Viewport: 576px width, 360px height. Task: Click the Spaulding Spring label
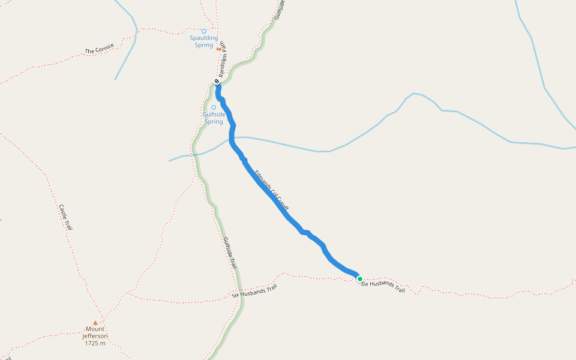pos(204,41)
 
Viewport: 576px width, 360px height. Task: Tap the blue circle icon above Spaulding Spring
pos(204,31)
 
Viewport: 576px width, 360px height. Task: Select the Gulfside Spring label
pos(214,118)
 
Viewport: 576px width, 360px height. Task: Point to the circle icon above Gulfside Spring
pos(214,107)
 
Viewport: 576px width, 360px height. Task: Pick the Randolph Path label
pos(222,59)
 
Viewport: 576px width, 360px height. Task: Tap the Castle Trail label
pos(65,217)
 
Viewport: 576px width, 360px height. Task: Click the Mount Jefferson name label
pos(95,332)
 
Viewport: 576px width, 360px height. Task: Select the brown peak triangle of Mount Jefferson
pos(95,323)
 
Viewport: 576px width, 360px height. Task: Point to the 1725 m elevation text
pos(95,343)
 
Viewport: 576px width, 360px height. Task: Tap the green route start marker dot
pos(359,278)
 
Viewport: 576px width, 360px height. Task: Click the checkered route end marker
pos(217,82)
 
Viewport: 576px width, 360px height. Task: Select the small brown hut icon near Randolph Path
pos(219,49)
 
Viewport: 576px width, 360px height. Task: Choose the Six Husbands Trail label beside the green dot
pos(383,287)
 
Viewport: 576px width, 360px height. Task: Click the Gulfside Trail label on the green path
pos(230,253)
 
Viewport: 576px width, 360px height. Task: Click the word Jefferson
pos(95,336)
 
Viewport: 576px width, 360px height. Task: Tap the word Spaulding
pos(204,38)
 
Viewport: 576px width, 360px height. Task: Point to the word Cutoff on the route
pos(283,202)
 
